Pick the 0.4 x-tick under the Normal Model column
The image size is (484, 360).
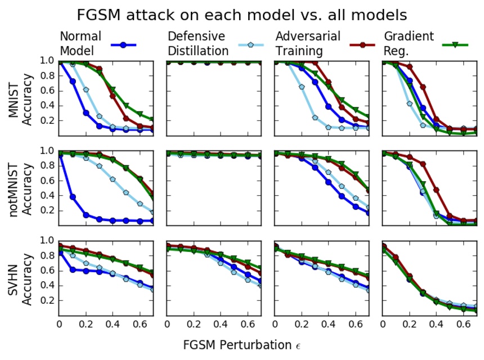113,324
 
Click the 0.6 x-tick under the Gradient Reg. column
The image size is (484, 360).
464,324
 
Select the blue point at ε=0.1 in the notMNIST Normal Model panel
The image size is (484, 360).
73,197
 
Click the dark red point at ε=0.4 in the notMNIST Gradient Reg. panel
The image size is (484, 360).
437,190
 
